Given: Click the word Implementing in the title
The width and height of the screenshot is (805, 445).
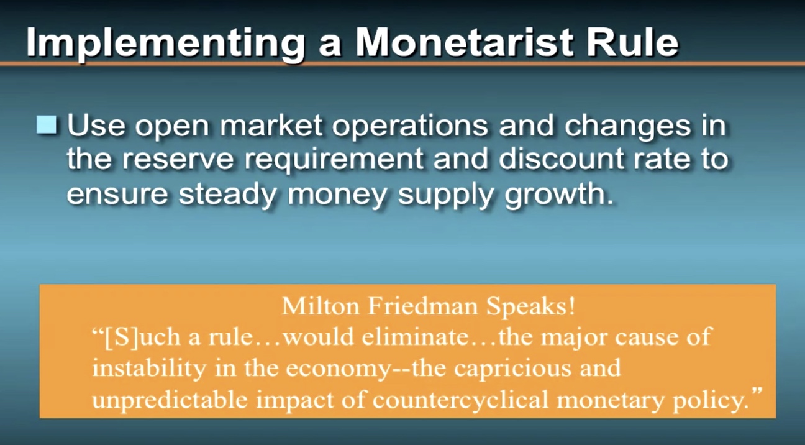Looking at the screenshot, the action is coord(166,42).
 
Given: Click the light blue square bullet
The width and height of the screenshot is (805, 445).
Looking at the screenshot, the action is coord(47,125).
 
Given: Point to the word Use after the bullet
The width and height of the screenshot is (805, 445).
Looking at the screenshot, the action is coord(96,126).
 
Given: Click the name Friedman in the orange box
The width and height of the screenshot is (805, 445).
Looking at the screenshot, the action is coord(422,306).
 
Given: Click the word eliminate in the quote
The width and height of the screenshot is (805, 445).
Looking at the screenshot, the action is coord(416,337).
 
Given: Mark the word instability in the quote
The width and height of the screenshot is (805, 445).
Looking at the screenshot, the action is coord(149,369).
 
